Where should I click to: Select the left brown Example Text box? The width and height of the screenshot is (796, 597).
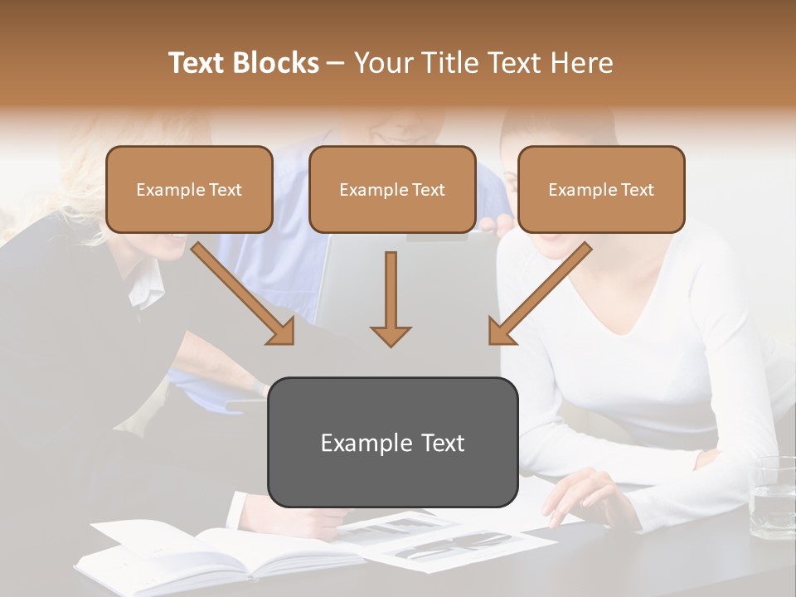(x=189, y=189)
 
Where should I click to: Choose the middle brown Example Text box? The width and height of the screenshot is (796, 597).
(x=392, y=189)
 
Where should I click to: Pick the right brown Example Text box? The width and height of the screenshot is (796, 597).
(x=601, y=189)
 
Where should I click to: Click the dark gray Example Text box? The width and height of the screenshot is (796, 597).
(x=392, y=442)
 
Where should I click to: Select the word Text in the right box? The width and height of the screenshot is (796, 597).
(x=638, y=190)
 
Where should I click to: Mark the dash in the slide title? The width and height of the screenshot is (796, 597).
(x=336, y=63)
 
